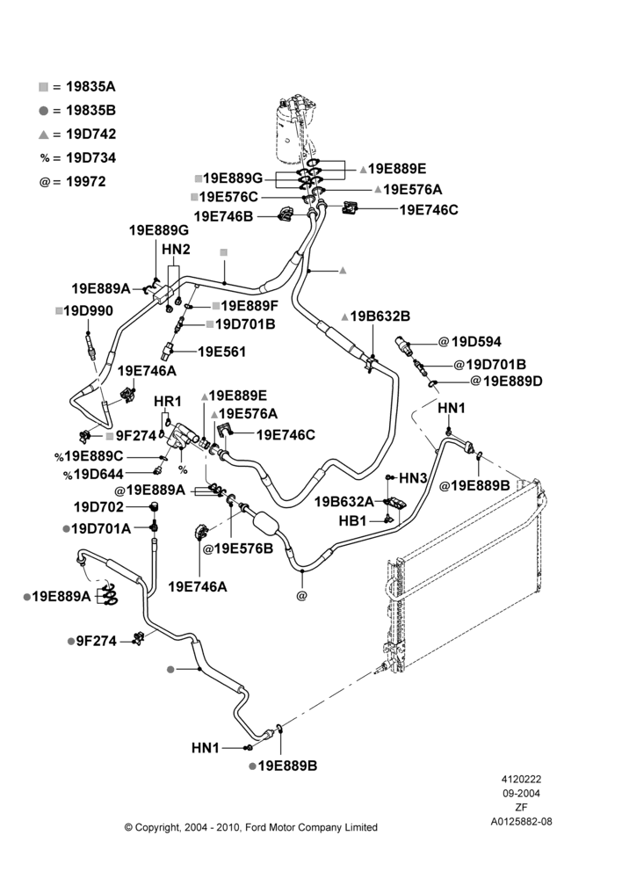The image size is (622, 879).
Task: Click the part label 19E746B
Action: pos(223,216)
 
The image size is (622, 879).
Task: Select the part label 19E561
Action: pos(222,352)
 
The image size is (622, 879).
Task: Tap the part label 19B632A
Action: pos(344,501)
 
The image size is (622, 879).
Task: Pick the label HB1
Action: pos(352,521)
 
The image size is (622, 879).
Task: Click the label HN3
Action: pos(413,478)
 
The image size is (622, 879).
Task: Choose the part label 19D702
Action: pos(98,507)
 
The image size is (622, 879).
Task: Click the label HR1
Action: pos(168,402)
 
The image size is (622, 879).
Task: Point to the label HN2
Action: pos(176,249)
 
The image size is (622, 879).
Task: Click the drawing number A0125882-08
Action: pos(521,822)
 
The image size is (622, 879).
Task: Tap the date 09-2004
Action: pos(521,793)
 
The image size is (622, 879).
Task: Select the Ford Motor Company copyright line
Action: pos(250,827)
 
